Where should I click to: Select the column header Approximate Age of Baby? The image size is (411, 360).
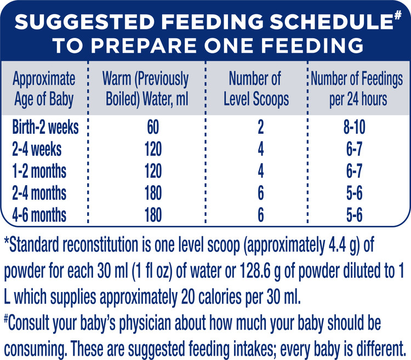(x=44, y=90)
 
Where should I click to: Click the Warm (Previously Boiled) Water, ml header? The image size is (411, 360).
(x=145, y=90)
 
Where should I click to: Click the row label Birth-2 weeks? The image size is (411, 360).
(x=45, y=128)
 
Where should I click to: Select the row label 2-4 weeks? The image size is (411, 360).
(x=37, y=150)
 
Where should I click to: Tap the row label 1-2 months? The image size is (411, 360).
(x=39, y=172)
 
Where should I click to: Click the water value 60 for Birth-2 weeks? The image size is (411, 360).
(x=152, y=128)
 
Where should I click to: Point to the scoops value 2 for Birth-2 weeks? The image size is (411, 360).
(x=261, y=128)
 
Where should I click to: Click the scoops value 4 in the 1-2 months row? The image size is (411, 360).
(x=261, y=172)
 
